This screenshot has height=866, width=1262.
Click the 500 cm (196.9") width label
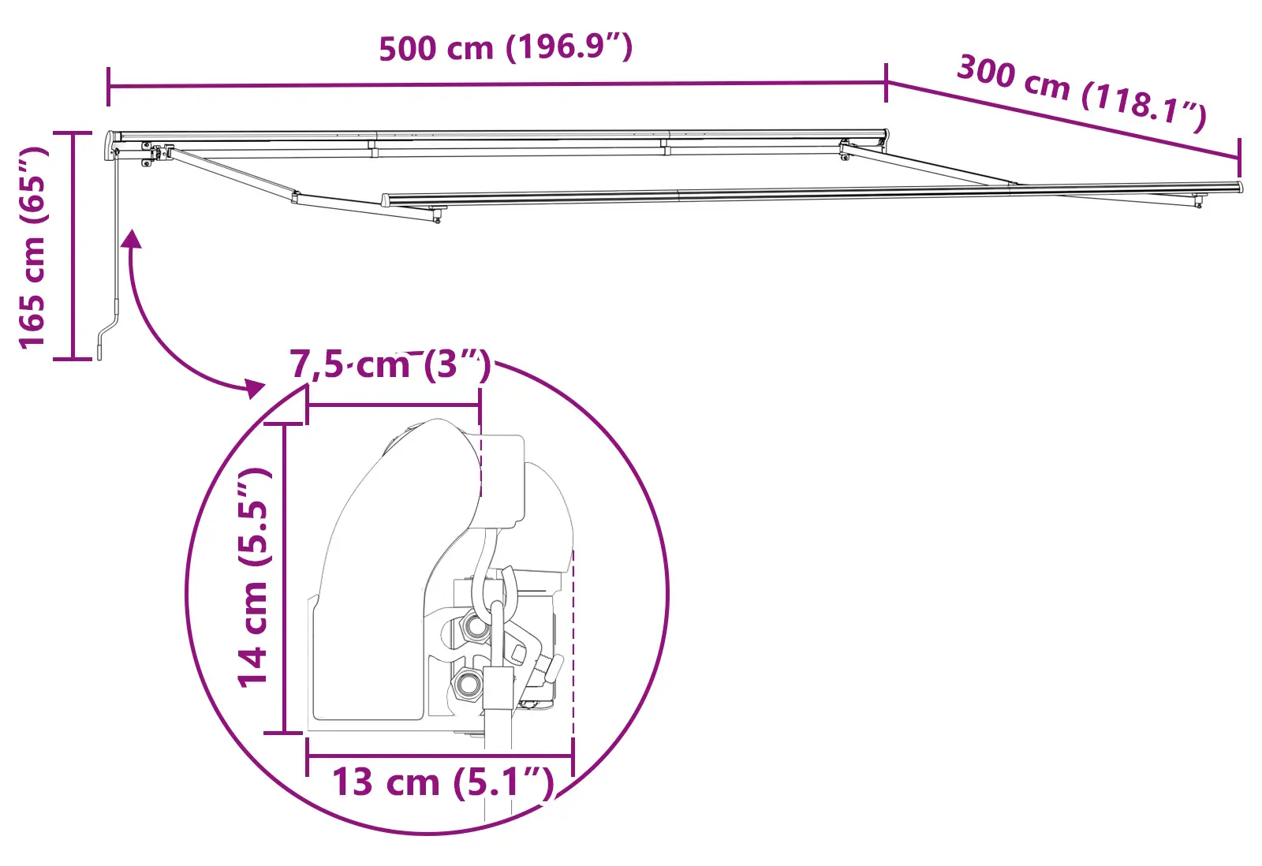(506, 47)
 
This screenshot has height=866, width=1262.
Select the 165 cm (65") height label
(32, 248)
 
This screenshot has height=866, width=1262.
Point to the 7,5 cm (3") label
(390, 364)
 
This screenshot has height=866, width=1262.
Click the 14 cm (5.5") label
(253, 577)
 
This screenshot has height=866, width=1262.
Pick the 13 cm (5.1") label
(443, 782)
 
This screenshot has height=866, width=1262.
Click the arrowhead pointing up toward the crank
(132, 239)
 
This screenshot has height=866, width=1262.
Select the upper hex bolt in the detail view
(475, 626)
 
